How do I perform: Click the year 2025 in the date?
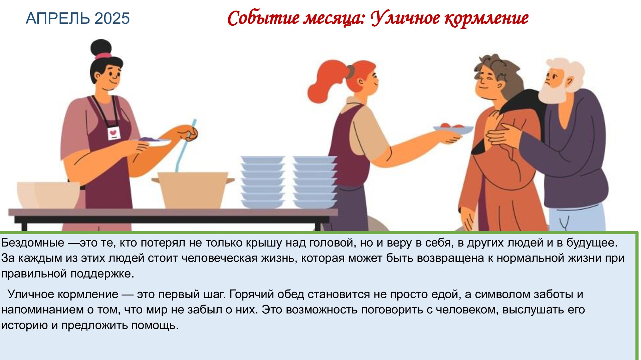tap(112, 18)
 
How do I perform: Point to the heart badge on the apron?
tap(114, 133)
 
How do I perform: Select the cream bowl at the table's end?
tap(48, 196)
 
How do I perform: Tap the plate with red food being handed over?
tap(453, 129)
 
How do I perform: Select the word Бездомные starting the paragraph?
tap(33, 243)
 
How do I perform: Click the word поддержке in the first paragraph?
tap(102, 274)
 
